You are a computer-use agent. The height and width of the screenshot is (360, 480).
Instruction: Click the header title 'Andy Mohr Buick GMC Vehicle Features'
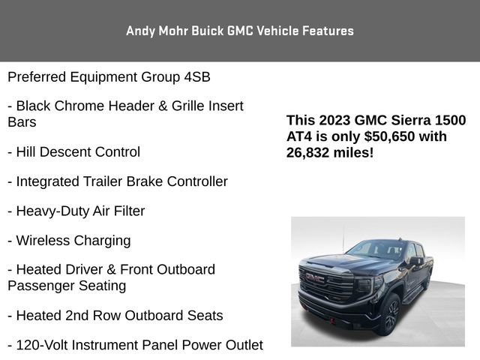click(x=240, y=31)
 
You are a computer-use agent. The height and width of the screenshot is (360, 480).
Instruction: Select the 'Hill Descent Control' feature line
click(x=73, y=152)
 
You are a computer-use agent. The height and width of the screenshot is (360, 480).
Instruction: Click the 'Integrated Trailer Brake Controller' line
click(x=118, y=181)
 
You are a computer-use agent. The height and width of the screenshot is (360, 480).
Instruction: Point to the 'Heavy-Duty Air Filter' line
click(x=76, y=211)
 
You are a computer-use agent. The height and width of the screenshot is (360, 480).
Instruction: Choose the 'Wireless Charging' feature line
click(x=69, y=241)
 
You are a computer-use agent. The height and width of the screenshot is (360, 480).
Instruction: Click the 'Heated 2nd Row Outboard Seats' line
click(x=115, y=316)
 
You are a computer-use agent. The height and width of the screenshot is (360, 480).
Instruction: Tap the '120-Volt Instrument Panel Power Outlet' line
click(x=135, y=345)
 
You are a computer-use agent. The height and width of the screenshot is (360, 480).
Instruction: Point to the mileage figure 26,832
click(x=312, y=152)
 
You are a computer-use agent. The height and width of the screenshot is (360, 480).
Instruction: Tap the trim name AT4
click(x=300, y=136)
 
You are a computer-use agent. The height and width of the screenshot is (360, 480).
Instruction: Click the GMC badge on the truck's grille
click(x=314, y=277)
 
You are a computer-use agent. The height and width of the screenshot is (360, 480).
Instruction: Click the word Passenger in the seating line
click(x=37, y=286)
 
